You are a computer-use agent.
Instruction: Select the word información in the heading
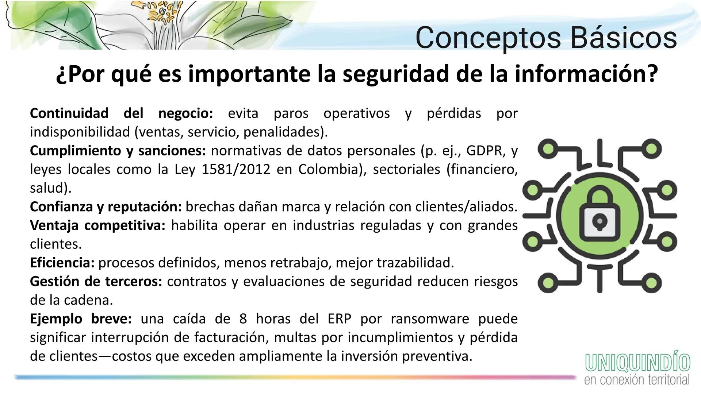click(x=586, y=74)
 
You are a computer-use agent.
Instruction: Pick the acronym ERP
click(x=339, y=319)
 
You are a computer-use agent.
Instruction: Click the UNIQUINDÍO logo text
click(x=637, y=362)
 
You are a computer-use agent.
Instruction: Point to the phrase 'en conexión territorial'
click(x=637, y=379)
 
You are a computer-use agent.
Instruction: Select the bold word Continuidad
click(x=69, y=113)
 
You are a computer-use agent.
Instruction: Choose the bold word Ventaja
click(x=54, y=225)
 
